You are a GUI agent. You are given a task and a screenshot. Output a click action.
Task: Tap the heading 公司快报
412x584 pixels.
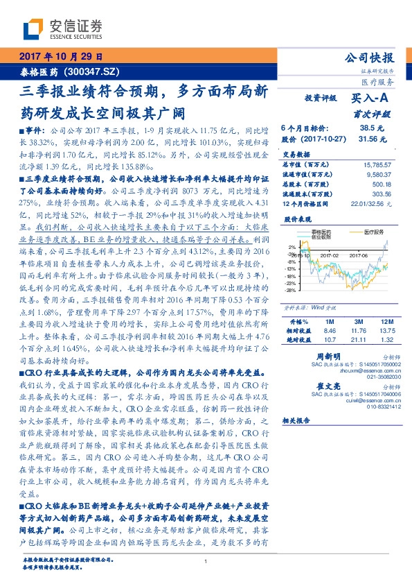375,58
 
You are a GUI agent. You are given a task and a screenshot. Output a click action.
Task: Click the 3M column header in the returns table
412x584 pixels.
358,322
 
